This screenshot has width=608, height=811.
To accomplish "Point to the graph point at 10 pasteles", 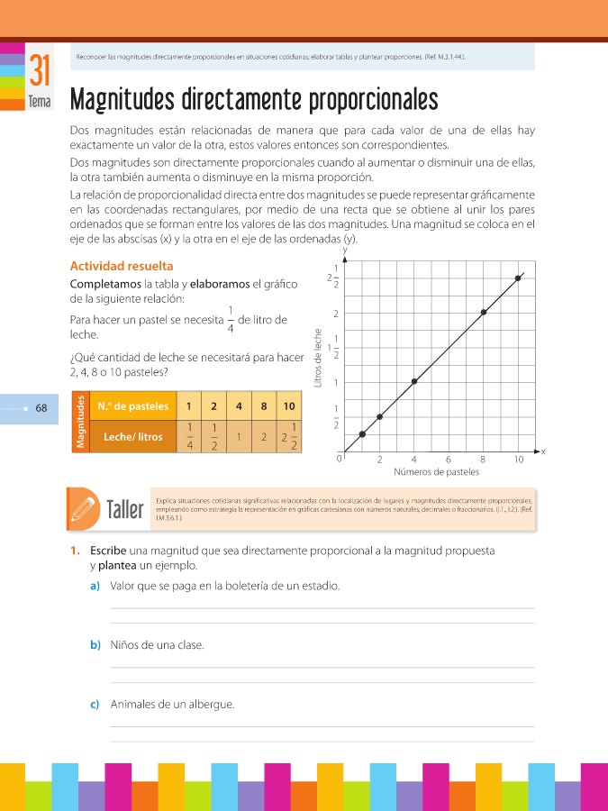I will coord(518,278).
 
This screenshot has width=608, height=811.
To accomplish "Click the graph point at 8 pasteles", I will coord(484,313).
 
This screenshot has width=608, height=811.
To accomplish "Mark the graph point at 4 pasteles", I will coord(414,381).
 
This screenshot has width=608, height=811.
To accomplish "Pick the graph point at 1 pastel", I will coord(362,434).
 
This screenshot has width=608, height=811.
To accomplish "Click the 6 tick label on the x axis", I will coord(449,459).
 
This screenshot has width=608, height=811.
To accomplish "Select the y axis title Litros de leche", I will coord(317,357).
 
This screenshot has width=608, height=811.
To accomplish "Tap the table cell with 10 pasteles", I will coord(288,405).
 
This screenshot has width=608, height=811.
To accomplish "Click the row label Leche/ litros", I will coord(133,437).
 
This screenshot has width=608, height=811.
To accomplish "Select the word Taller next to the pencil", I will coord(124,510).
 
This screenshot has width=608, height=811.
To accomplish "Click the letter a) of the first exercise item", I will coord(95,586).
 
